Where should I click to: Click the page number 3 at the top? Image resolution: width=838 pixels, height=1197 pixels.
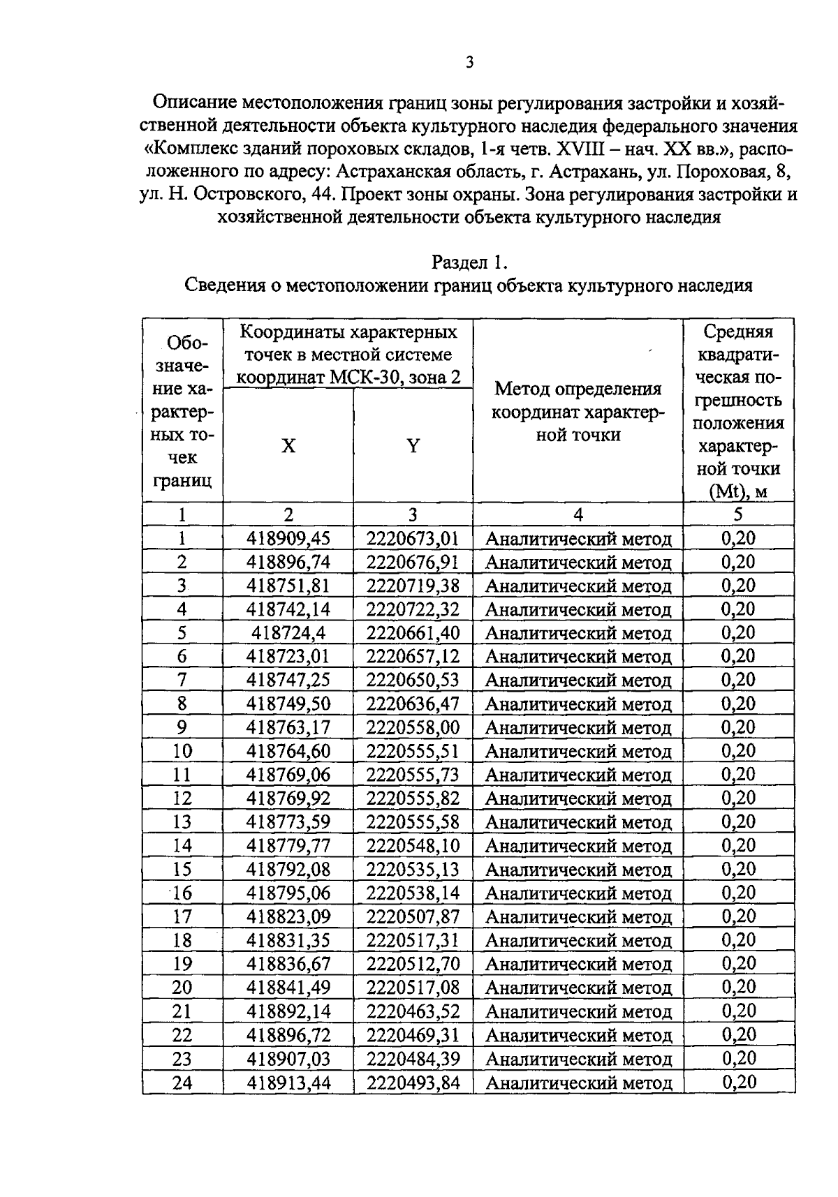(x=469, y=63)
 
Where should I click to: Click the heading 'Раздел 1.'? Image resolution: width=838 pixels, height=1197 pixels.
(x=469, y=262)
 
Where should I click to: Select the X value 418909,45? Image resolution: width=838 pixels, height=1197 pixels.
(x=288, y=538)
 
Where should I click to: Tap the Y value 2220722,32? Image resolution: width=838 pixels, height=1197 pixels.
(x=413, y=609)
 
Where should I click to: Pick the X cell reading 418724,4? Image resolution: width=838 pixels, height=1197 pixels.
(x=288, y=633)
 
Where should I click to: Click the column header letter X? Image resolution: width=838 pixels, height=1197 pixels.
(x=288, y=446)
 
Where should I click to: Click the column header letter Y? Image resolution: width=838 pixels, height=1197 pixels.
(x=413, y=446)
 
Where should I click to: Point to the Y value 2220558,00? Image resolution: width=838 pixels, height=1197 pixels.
(x=413, y=727)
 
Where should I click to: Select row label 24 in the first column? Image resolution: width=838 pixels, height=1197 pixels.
(x=182, y=1083)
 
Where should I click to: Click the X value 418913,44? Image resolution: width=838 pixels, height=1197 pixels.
(x=288, y=1083)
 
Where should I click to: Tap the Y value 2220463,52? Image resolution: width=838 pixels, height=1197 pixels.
(x=413, y=1011)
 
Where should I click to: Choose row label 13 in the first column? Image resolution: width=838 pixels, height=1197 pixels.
(x=182, y=822)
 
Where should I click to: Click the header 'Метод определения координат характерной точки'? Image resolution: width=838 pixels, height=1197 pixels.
(x=578, y=412)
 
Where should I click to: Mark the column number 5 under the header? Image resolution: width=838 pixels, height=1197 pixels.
(x=738, y=514)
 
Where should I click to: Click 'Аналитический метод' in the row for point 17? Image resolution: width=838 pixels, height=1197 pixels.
(x=578, y=917)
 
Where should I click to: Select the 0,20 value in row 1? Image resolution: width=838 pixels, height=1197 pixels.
(x=738, y=538)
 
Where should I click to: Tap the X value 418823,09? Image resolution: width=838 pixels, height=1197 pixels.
(x=288, y=916)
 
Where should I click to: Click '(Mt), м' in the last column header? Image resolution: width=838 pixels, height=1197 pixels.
(x=738, y=491)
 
